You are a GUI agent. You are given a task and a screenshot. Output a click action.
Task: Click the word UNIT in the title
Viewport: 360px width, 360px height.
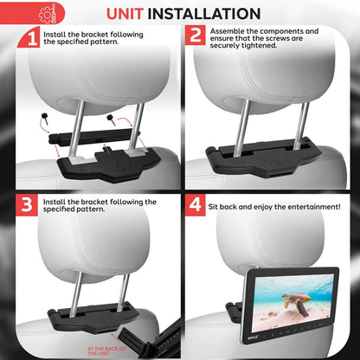pos(132,14)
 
